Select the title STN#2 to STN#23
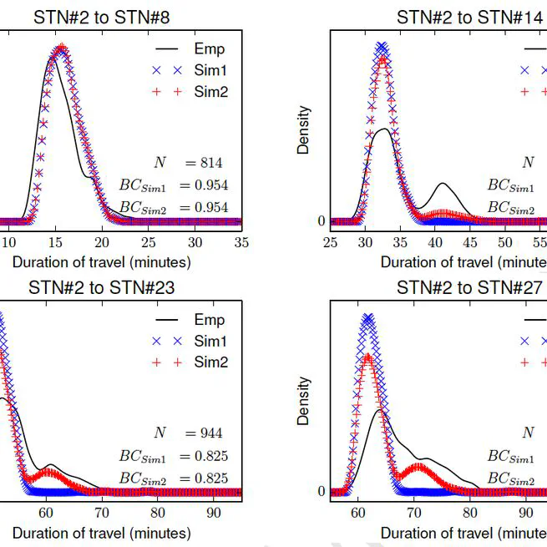point(102,288)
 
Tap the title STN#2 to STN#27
point(470,288)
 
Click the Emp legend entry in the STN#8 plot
point(209,49)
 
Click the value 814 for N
point(210,163)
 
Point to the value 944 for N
point(210,433)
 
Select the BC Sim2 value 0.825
point(210,478)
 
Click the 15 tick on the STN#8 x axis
point(54,242)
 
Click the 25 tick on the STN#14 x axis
point(331,242)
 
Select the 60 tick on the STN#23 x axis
point(51,513)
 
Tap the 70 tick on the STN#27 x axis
point(414,513)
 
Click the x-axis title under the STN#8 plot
point(102,262)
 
